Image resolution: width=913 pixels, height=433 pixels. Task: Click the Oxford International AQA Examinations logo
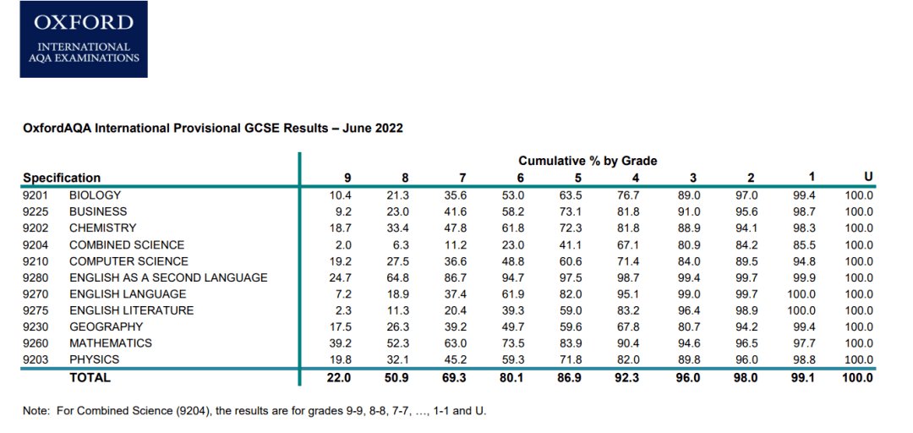tap(84, 39)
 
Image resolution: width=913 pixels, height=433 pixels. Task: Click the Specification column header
tap(62, 178)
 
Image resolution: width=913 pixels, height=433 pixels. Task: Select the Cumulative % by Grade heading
tap(588, 161)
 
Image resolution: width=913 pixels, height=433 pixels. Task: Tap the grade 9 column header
tap(347, 178)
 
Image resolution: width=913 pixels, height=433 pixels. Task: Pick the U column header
tap(868, 178)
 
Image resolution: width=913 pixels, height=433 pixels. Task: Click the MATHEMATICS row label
tap(111, 343)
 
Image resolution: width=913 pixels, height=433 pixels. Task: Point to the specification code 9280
tap(36, 277)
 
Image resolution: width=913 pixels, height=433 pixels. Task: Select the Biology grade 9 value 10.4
tap(342, 195)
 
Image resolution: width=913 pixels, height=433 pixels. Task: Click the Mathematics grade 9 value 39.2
tap(342, 343)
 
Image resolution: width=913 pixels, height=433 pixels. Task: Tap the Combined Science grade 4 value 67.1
tap(630, 244)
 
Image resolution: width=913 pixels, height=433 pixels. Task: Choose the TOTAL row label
tap(90, 378)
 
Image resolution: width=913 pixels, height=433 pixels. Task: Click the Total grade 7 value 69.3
tap(456, 378)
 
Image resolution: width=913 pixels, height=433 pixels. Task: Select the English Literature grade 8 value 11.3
tap(397, 310)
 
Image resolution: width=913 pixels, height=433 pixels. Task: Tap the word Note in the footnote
tap(36, 412)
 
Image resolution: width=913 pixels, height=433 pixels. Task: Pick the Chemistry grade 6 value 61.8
tap(513, 228)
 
